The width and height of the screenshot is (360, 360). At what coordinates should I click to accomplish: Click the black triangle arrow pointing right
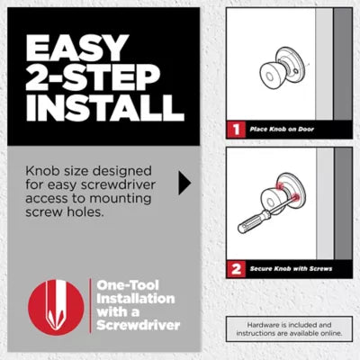tap(184, 184)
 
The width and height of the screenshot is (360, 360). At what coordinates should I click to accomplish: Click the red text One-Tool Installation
tap(135, 293)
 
